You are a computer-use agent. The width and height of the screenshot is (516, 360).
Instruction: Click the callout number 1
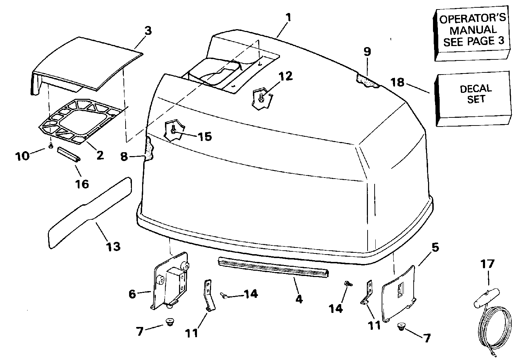coord(288,17)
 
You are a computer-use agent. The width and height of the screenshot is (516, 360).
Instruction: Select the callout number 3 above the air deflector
coord(148,31)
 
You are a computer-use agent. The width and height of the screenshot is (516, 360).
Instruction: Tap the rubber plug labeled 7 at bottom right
coord(401,327)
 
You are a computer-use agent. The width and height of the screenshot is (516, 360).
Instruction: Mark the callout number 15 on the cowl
coord(205,136)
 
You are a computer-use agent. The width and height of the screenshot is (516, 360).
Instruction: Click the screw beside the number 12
coord(261,98)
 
